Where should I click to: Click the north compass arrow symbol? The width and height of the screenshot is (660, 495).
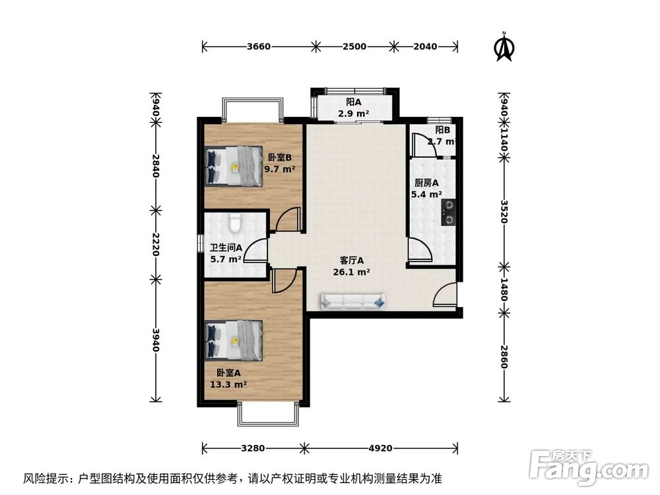[505, 48]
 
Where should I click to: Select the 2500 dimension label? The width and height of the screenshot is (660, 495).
[354, 47]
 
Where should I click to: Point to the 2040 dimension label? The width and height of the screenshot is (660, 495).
[424, 47]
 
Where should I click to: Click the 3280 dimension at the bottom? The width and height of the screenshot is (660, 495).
[252, 448]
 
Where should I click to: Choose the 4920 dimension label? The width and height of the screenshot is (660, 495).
[380, 448]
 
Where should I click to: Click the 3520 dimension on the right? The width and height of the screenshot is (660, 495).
[504, 212]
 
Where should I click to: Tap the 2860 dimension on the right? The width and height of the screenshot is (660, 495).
[504, 357]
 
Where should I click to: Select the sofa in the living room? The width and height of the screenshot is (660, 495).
[354, 302]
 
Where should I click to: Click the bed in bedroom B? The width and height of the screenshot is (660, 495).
[234, 167]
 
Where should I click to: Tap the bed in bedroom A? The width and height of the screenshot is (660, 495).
[234, 341]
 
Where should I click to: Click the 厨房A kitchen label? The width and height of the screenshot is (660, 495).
[427, 189]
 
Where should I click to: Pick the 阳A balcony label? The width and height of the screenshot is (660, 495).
[354, 108]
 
